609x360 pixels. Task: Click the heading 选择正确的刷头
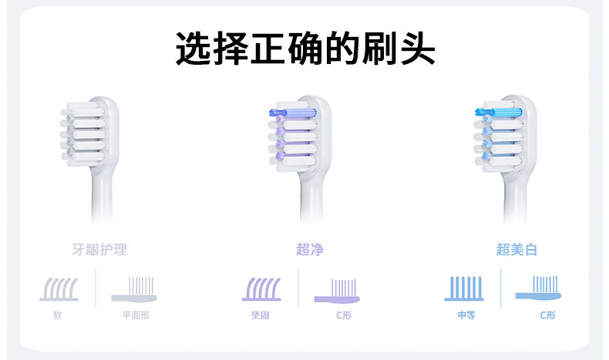click(305, 49)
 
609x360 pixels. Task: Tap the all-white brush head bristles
click(82, 134)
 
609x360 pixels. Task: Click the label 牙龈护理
click(99, 249)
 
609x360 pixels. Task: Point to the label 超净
click(310, 249)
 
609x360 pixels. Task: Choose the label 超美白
click(516, 249)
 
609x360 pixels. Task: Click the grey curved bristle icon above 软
click(59, 289)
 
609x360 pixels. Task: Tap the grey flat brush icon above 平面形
click(134, 290)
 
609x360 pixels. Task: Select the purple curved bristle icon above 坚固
click(261, 289)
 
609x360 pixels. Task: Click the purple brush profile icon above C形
click(337, 291)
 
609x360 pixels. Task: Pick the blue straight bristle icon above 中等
click(464, 288)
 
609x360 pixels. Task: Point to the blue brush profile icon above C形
click(538, 288)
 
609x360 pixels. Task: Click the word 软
click(58, 315)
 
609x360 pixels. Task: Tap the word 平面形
click(136, 315)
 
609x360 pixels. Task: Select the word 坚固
click(261, 315)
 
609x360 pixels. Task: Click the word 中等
click(466, 315)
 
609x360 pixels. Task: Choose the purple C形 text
click(344, 315)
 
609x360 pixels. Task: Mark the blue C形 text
click(547, 315)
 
